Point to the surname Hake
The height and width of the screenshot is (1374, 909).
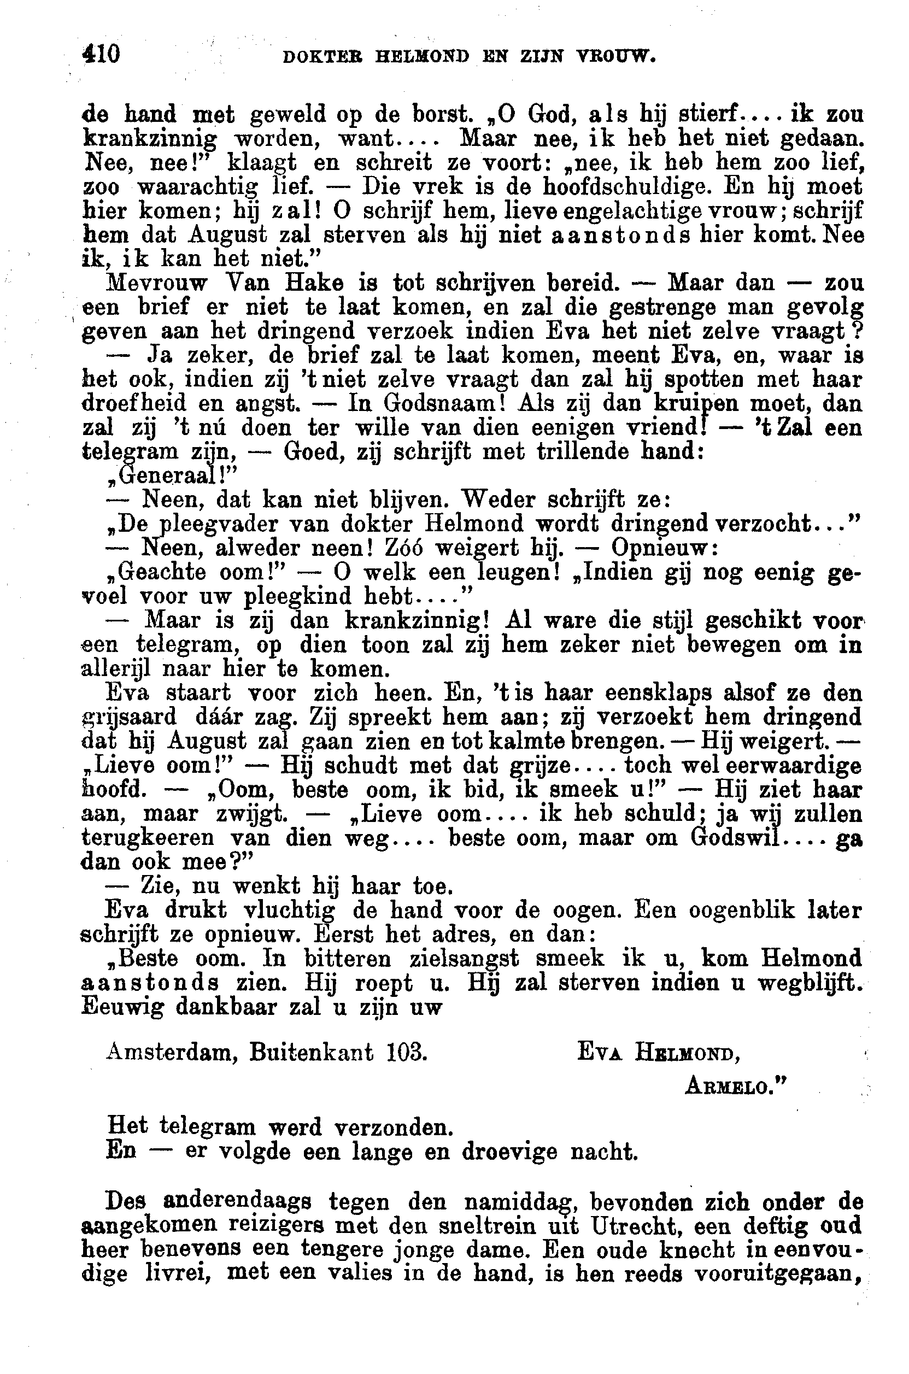314,283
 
